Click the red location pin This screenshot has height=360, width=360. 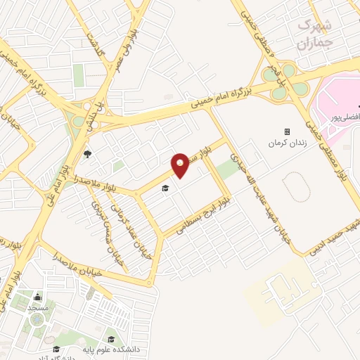pyautogui.click(x=181, y=165)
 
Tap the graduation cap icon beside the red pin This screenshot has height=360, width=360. pyautogui.click(x=166, y=188)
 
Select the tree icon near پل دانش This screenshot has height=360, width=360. pyautogui.click(x=87, y=154)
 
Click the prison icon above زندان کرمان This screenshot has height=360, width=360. pyautogui.click(x=287, y=131)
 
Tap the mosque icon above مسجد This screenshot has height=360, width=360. pyautogui.click(x=37, y=297)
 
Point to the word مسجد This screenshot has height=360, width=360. pyautogui.click(x=37, y=309)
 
